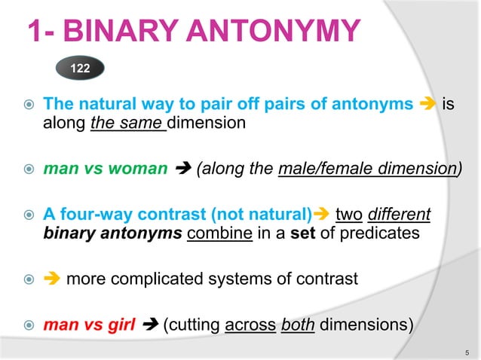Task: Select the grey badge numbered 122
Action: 80,69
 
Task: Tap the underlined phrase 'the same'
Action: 127,123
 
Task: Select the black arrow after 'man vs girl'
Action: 149,326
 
